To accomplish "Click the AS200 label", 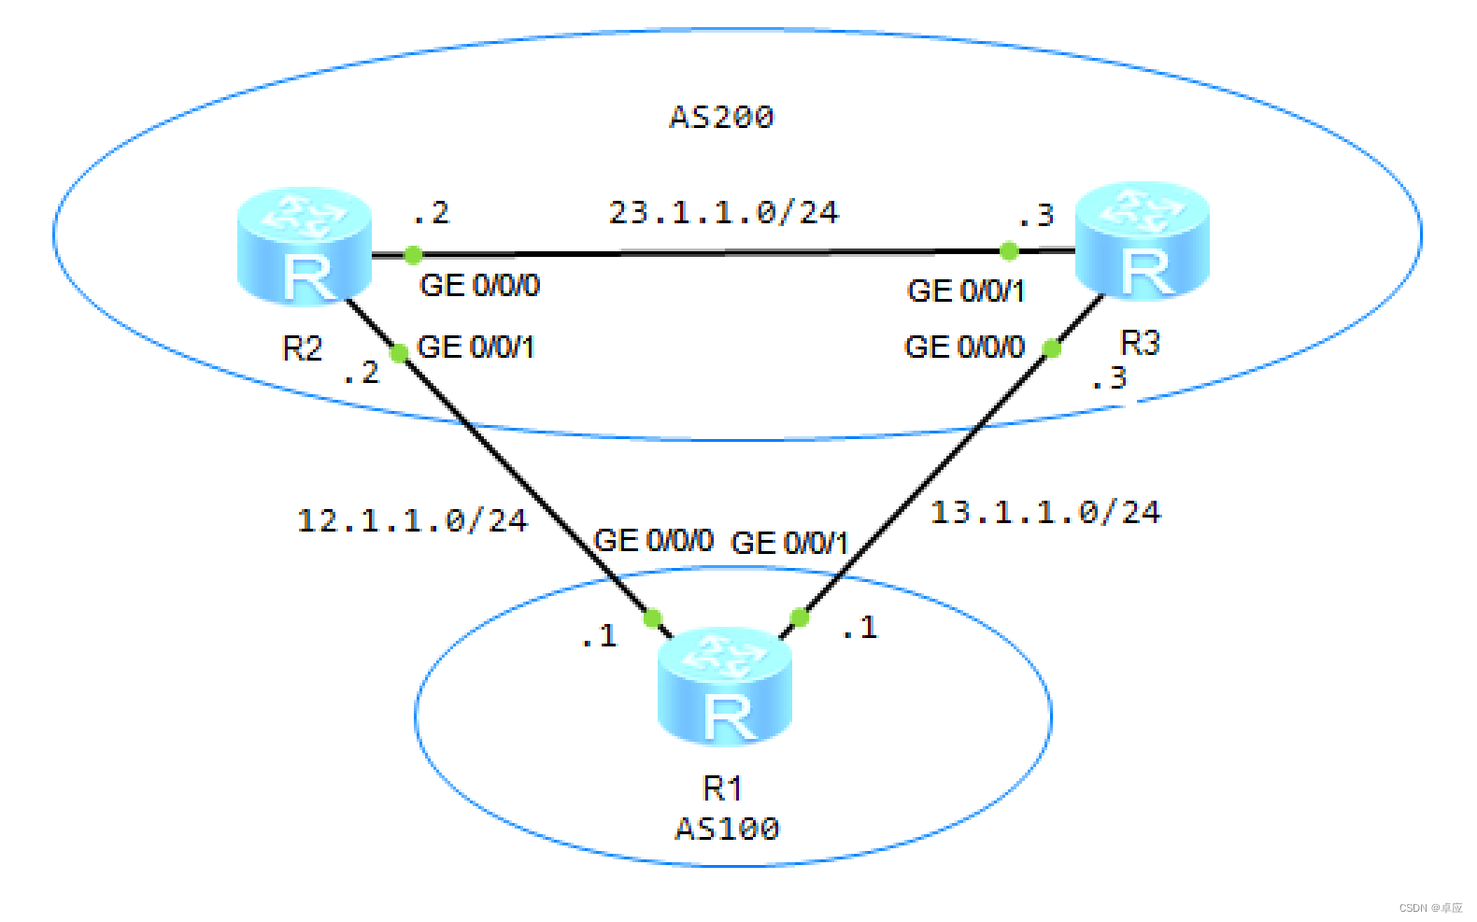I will point(721,117).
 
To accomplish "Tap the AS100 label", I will point(727,829).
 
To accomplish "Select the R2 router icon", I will point(305,247).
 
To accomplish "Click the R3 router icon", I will point(1143,241).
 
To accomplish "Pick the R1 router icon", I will point(725,687).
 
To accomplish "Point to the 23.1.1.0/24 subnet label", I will point(724,212).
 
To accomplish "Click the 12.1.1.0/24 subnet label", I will point(412,520).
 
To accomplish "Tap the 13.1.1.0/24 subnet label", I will point(1045,512).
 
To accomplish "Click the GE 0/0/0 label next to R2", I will point(479,285).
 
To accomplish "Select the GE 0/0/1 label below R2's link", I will point(476,348).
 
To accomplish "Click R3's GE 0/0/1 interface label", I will point(966,291).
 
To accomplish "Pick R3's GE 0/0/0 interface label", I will point(964,348).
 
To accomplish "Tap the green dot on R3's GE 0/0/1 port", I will point(1009,250).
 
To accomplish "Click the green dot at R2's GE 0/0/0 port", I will point(413,254).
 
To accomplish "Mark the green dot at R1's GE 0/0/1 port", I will point(800,617).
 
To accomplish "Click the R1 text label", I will point(722,788).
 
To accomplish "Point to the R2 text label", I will point(302,348).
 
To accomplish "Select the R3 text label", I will point(1140,343).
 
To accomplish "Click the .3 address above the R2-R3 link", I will point(1036,216).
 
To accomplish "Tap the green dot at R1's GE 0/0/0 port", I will point(653,617).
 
